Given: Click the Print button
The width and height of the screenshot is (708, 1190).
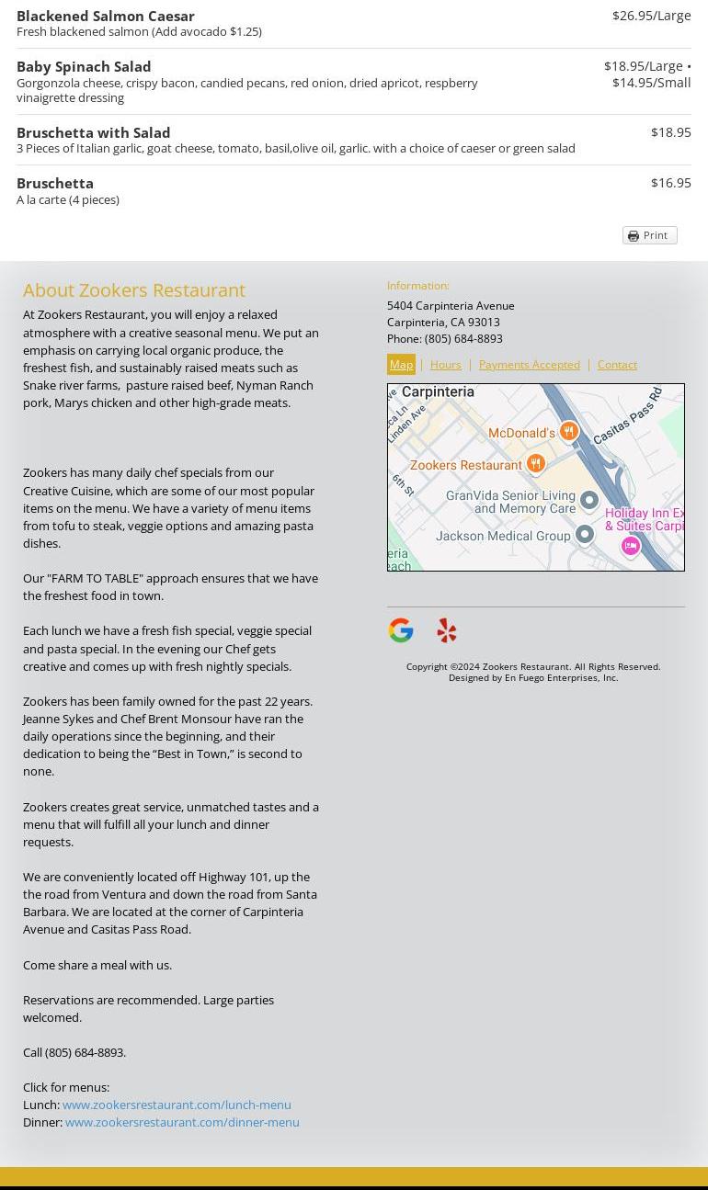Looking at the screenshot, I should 649,235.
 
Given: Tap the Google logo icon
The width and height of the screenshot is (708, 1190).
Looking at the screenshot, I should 401,630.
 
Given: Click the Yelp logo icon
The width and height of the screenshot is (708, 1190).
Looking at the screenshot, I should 447,630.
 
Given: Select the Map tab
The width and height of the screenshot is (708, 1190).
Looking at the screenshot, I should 401,365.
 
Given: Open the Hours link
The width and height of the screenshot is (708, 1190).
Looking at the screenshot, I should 446,365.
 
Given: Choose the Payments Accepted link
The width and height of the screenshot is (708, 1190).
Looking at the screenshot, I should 529,365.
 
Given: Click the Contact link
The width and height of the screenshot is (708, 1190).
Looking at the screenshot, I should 617,365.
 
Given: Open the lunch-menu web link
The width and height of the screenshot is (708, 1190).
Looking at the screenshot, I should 177,1105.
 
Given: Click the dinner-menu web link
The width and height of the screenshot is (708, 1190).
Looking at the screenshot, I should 182,1122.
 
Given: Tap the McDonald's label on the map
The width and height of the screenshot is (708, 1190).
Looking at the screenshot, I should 521,433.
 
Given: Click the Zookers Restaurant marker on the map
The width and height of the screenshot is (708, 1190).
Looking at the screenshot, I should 536,464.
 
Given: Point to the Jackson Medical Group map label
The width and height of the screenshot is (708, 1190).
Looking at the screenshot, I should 503,536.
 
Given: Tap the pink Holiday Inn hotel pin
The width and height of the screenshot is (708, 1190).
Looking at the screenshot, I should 630,547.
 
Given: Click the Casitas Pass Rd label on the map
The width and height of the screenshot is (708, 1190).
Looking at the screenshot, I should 629,416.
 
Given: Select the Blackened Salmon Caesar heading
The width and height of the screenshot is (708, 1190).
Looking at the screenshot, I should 106,16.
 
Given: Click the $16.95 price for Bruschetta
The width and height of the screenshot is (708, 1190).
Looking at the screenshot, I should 670,183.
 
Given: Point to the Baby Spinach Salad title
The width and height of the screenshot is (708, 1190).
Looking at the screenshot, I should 84,66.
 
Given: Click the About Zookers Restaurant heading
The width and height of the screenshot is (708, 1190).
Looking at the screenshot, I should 134,290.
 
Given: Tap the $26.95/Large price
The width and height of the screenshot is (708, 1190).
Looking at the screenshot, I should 651,16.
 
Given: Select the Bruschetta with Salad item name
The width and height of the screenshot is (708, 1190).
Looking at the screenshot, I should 94,132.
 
